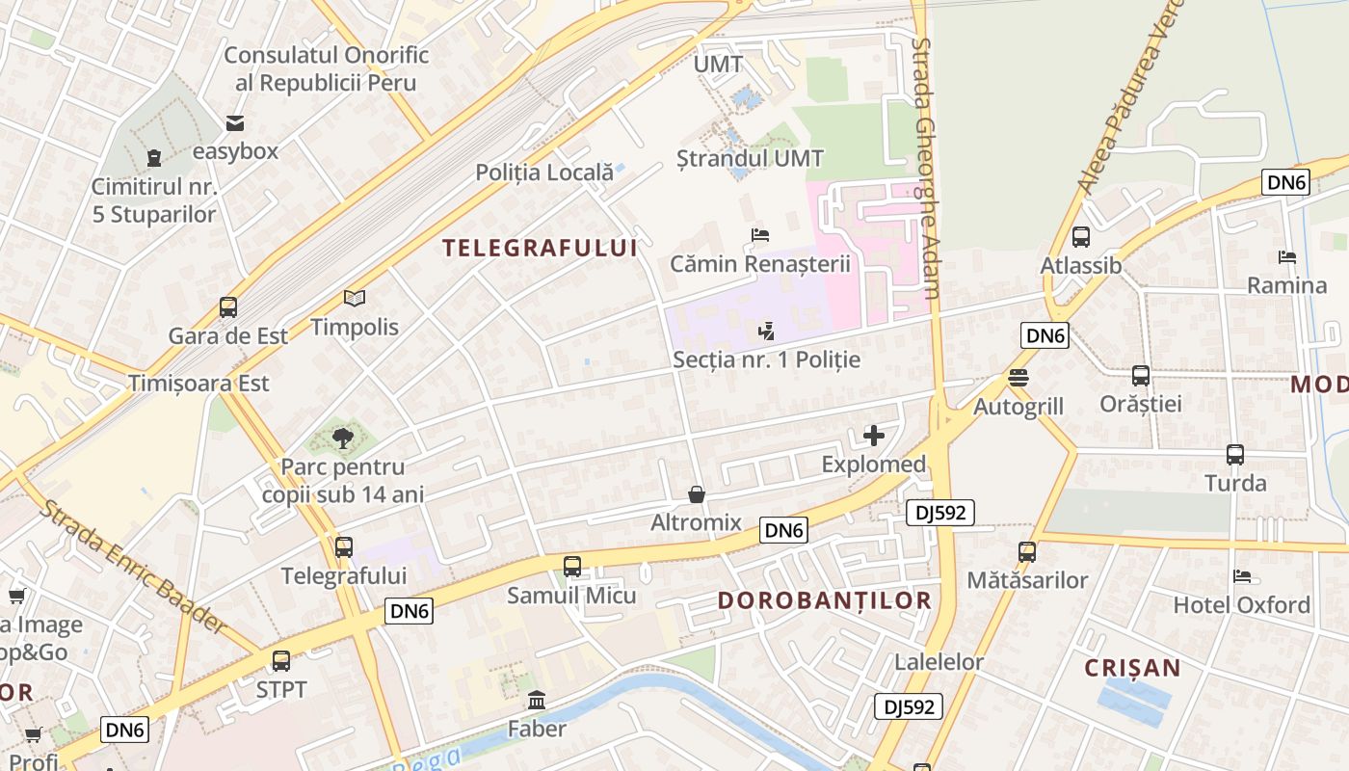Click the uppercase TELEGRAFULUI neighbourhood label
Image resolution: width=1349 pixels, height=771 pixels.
[540, 248]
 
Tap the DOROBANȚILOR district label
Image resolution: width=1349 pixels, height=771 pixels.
[825, 600]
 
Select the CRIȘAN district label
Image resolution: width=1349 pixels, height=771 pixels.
[1132, 668]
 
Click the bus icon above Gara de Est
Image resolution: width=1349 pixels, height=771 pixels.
[228, 307]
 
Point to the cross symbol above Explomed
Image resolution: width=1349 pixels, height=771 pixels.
[874, 436]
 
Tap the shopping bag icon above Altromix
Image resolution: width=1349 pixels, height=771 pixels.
[697, 494]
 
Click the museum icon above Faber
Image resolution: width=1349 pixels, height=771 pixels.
[537, 701]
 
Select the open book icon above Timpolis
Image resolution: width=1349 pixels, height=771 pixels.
[355, 299]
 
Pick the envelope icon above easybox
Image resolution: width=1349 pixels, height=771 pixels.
[235, 123]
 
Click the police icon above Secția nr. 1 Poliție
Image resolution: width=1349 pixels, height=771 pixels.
[766, 332]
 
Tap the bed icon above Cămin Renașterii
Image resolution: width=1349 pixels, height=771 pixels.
[760, 235]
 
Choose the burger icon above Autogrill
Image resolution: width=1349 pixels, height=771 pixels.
[1018, 378]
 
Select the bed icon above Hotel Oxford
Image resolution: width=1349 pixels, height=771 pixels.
[1242, 576]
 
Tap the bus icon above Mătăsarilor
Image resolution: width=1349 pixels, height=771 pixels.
[1027, 552]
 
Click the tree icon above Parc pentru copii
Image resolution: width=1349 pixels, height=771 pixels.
[342, 439]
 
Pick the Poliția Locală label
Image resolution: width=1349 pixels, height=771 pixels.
[544, 173]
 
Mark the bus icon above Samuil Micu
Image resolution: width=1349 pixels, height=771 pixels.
[572, 567]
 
